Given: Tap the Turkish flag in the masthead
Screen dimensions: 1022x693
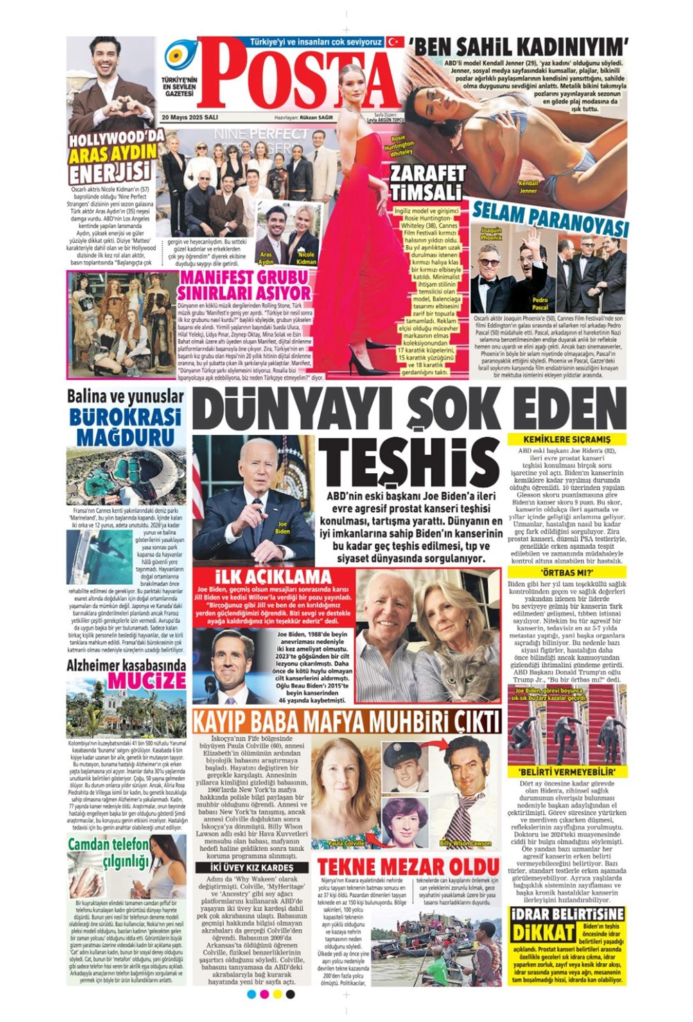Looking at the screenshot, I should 396,42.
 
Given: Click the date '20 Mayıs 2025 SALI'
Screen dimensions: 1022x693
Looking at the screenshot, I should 190,118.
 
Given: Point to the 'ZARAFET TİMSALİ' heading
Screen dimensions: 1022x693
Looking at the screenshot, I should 428,182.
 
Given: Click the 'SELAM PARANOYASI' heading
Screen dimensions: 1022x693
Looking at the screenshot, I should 550,218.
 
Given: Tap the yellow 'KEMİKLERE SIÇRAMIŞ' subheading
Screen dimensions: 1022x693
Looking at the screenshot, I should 567,439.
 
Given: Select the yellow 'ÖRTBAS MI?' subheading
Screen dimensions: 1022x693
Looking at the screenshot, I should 567,573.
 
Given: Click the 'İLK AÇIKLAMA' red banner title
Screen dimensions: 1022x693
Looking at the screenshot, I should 273,577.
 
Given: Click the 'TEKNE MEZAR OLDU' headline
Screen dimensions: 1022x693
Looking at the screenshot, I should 408,866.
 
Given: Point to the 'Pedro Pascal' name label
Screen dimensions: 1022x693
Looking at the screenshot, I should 540,303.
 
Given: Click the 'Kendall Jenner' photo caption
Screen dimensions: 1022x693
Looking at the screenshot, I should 528,186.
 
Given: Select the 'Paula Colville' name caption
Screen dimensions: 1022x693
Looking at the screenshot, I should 346,843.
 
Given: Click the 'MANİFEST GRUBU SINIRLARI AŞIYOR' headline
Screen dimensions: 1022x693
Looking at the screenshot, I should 245,285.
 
